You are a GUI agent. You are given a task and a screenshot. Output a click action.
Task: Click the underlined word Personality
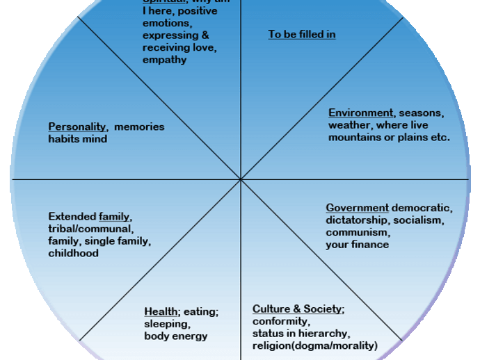[x=77, y=126]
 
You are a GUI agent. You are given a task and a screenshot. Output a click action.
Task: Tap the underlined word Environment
[x=360, y=113]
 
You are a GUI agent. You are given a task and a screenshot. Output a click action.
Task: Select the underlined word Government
[x=357, y=208]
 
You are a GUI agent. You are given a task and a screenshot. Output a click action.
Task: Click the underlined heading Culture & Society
[x=297, y=309]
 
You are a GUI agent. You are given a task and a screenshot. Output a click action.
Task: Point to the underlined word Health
[x=161, y=311]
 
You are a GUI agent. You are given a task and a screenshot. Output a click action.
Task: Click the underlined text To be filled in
[x=302, y=34]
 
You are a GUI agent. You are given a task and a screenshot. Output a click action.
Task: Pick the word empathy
[x=165, y=60]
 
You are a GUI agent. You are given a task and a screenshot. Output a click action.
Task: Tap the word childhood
[x=73, y=254]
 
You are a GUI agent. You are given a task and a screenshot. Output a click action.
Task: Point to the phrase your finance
[x=357, y=245]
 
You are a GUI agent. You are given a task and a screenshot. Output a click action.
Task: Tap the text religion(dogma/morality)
[x=314, y=346]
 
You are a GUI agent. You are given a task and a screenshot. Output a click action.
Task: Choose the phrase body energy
[x=176, y=336]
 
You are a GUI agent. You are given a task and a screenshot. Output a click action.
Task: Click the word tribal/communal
[x=90, y=229]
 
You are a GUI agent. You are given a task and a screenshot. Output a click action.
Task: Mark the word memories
[x=139, y=126]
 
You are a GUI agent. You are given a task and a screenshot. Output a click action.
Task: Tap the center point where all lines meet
[x=241, y=179]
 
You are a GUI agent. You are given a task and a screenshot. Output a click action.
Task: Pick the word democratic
[x=422, y=208]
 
